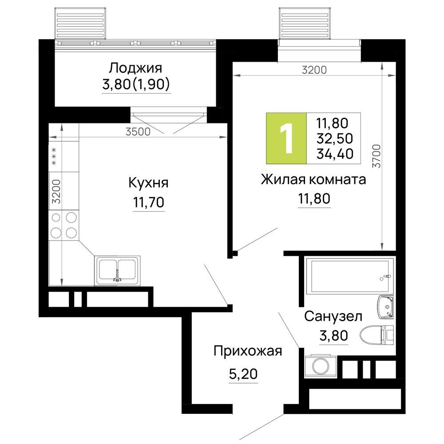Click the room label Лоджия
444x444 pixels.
135,68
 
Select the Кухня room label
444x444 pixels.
148,182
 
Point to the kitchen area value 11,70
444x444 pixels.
148,203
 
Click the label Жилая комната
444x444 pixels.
313,180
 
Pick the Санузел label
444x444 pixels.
333,317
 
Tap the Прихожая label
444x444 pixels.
248,351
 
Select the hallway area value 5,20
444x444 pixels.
243,375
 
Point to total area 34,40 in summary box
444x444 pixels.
334,154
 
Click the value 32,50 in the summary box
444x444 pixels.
334,138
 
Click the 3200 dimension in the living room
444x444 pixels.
313,70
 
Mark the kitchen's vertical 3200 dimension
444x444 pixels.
56,191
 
